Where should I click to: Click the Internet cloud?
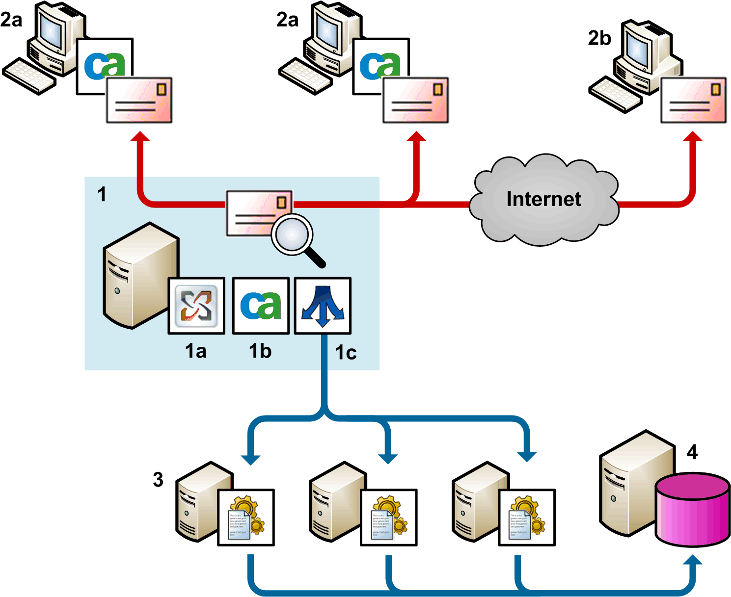tap(543, 199)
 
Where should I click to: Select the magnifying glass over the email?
tap(293, 235)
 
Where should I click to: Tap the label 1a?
tap(195, 351)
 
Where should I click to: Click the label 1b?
tap(260, 351)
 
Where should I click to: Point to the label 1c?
tap(346, 353)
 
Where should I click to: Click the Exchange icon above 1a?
tap(196, 306)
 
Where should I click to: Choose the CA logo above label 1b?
tap(261, 306)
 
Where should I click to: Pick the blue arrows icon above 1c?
tap(323, 306)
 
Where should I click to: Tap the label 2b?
tap(599, 38)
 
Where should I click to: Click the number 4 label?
tap(692, 452)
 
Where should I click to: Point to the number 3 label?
tap(158, 479)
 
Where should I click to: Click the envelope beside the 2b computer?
tap(693, 100)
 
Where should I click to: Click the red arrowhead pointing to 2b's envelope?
tap(693, 137)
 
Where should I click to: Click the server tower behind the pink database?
tap(633, 481)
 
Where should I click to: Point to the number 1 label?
tap(102, 194)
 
